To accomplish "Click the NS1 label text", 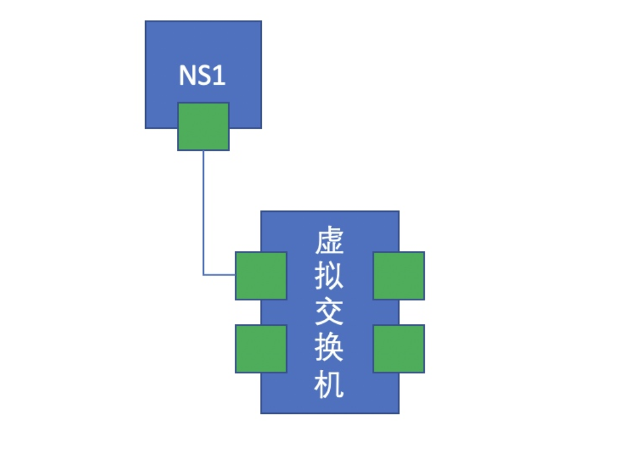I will click(x=202, y=76).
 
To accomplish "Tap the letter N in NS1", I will click(x=187, y=76).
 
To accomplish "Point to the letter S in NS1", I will click(x=204, y=76).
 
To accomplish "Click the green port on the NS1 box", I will click(x=203, y=126).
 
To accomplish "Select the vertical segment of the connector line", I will click(x=203, y=212).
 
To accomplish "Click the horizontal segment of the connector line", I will click(x=219, y=275).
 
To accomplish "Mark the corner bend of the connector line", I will click(x=203, y=275).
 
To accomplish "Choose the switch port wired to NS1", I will click(x=261, y=276).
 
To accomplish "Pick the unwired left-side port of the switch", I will click(x=261, y=348).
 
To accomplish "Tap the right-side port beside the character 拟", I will click(x=399, y=276).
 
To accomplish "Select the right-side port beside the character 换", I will click(x=399, y=348).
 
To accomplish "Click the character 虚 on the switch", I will click(x=329, y=241).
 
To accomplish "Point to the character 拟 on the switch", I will click(x=329, y=277).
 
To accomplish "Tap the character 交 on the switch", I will click(x=329, y=313).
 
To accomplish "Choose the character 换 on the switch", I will click(x=329, y=349).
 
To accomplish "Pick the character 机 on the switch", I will click(x=329, y=385).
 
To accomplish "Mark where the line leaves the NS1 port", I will click(x=203, y=151).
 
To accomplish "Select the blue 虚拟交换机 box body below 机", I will click(x=329, y=406).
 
